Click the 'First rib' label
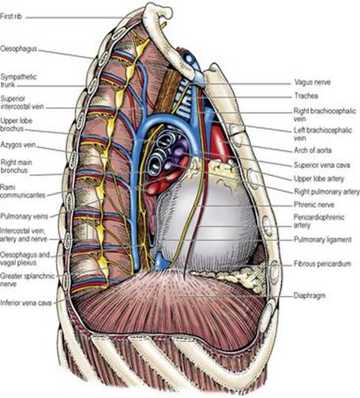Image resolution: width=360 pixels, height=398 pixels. click(x=11, y=17)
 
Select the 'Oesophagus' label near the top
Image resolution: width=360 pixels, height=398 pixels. click(x=18, y=49)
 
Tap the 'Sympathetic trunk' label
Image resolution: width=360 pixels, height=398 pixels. click(x=18, y=81)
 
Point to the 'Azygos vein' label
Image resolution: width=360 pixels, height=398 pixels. click(x=18, y=145)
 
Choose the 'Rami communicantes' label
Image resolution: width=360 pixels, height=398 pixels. click(x=23, y=191)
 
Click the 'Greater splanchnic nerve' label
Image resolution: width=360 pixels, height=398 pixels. click(x=27, y=280)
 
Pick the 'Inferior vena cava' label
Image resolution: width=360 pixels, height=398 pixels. click(x=26, y=303)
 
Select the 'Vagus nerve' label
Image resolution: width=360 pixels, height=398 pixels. click(x=313, y=82)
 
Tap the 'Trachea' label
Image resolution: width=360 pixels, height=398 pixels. click(x=306, y=96)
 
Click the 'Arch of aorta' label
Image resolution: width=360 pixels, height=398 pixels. click(x=313, y=150)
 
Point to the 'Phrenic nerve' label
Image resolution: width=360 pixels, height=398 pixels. click(x=314, y=205)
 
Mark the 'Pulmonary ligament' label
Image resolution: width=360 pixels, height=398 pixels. click(x=323, y=239)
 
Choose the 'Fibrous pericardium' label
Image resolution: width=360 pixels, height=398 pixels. click(x=322, y=264)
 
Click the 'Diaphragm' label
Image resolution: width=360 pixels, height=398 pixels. click(x=309, y=295)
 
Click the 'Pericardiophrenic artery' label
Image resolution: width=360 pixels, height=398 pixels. click(x=319, y=221)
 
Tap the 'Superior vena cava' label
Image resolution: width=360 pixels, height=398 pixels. click(x=322, y=165)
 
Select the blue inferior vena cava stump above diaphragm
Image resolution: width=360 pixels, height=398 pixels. click(x=160, y=261)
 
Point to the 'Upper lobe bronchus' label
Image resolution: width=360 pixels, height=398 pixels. click(x=16, y=125)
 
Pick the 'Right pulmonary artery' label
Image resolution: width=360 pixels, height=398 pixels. click(x=327, y=192)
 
